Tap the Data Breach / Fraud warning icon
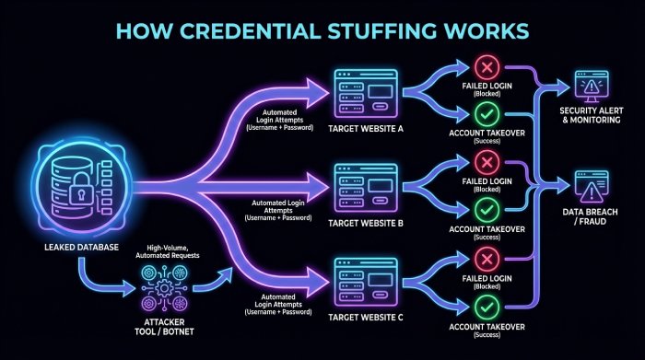589,187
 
